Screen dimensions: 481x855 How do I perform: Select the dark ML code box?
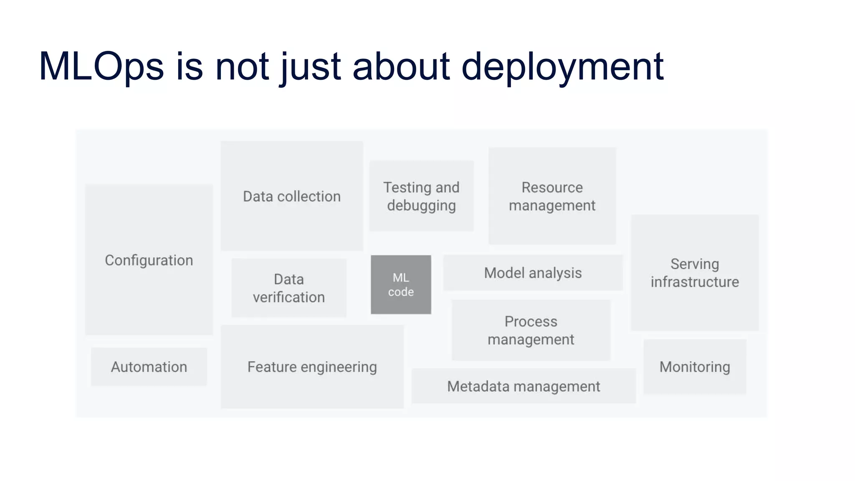pos(401,285)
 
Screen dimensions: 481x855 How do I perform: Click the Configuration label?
pos(149,260)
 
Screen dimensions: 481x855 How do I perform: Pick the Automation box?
pos(149,367)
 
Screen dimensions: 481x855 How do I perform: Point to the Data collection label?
pos(292,196)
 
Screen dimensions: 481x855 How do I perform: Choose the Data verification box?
pos(289,288)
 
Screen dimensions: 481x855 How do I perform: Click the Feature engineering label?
pos(312,367)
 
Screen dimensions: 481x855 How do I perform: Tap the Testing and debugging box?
pos(421,196)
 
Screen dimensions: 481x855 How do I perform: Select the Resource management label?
pos(552,196)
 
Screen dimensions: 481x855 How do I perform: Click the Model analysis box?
pos(533,273)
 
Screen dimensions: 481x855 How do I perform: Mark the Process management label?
pos(531,330)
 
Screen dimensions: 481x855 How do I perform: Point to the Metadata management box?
pos(524,386)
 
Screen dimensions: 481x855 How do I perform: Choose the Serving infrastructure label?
pos(695,273)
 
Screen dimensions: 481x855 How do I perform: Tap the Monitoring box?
pos(695,367)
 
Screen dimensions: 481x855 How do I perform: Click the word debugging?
pos(421,206)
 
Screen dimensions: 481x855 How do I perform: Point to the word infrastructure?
pos(695,282)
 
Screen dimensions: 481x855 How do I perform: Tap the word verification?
pos(289,297)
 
